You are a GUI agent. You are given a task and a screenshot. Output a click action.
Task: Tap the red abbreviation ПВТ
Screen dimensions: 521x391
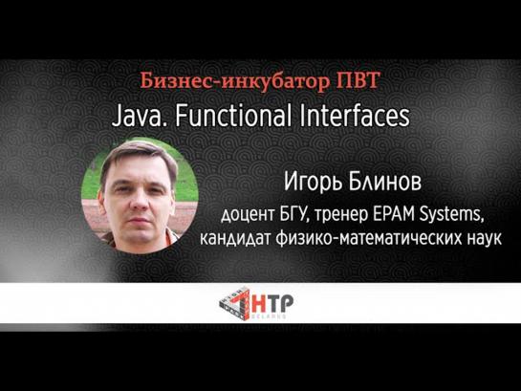358,80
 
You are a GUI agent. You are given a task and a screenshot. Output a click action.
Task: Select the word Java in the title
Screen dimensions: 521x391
137,117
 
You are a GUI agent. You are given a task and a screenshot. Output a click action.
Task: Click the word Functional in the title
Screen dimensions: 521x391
233,116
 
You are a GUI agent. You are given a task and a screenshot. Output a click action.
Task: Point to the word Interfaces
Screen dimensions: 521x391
355,116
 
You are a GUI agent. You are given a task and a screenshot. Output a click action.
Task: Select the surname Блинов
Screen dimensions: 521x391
385,182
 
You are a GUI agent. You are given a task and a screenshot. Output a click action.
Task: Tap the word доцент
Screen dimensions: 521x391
248,216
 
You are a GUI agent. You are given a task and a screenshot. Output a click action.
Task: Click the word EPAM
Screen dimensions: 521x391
393,214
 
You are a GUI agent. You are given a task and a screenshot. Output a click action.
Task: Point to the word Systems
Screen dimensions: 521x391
450,215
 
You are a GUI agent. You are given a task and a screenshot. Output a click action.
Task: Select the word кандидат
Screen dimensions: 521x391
235,239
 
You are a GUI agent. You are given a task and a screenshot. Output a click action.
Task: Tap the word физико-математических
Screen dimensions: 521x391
369,238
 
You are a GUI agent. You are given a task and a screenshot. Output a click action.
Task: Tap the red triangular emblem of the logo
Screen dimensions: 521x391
235,303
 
